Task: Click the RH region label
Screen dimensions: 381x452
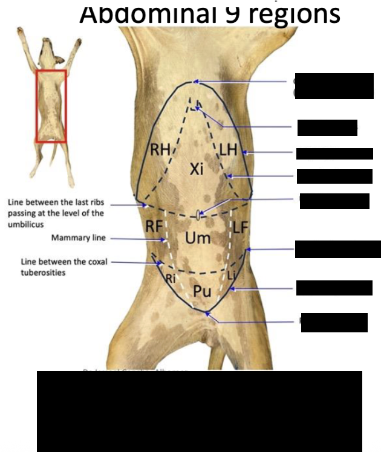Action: (160, 150)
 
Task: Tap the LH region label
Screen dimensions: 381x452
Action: (228, 150)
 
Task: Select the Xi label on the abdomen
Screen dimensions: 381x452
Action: (195, 169)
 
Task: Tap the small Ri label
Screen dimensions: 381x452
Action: (171, 278)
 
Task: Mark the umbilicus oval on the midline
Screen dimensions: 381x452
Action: (199, 213)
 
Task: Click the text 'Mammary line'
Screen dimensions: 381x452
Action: (78, 238)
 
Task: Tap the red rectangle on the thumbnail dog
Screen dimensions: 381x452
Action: (51, 106)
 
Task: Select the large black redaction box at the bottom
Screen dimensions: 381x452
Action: (199, 411)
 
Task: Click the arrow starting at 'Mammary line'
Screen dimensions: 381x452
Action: (136, 239)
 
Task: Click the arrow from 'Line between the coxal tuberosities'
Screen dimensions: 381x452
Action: (133, 262)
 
